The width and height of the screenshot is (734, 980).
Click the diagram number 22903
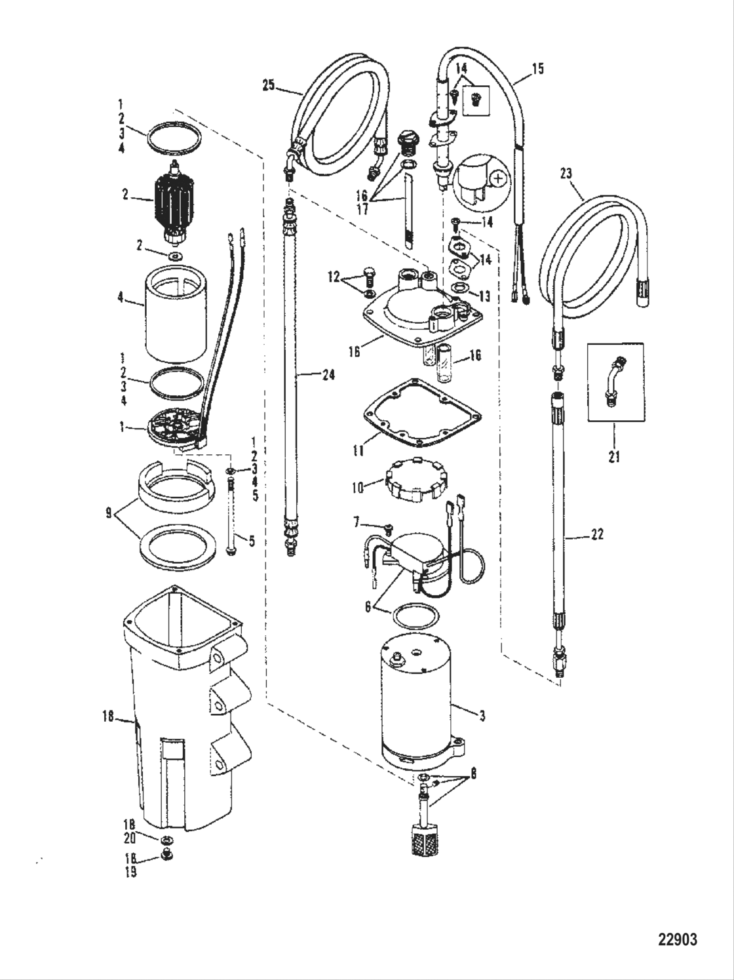(677, 939)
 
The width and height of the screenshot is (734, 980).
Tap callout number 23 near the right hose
(566, 174)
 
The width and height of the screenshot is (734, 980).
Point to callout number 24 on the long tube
(328, 375)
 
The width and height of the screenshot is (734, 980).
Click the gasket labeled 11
(422, 414)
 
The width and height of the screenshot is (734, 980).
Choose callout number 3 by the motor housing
(482, 716)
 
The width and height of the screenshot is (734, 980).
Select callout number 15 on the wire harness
(537, 68)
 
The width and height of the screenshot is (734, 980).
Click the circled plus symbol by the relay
(499, 178)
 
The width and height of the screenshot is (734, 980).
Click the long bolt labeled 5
(231, 517)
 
